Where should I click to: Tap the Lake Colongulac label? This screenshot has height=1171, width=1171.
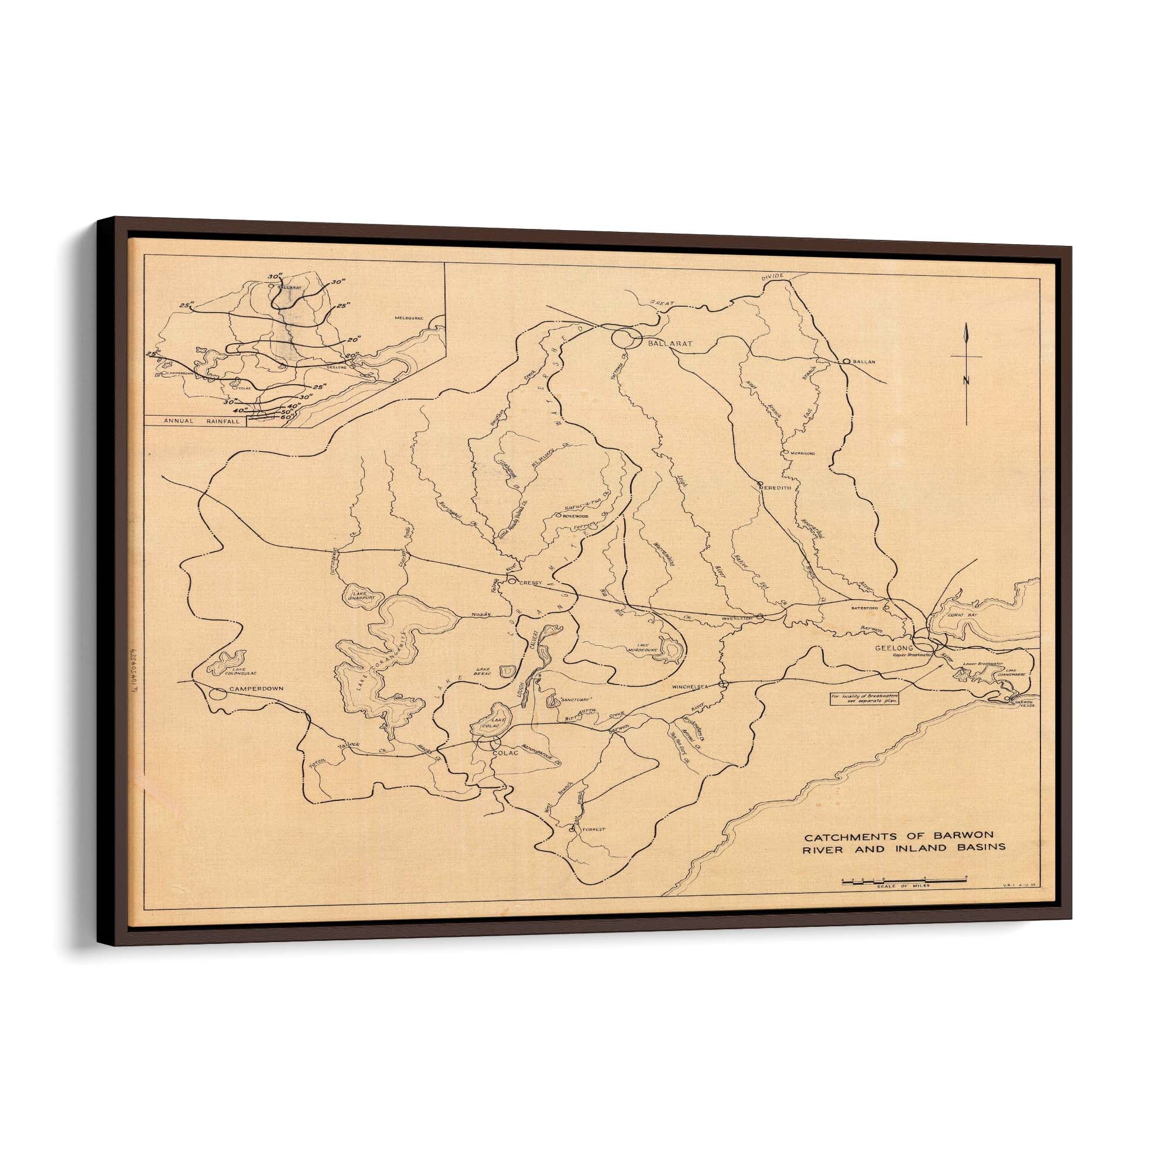coord(226,668)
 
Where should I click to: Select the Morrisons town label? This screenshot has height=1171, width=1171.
coord(803,453)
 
